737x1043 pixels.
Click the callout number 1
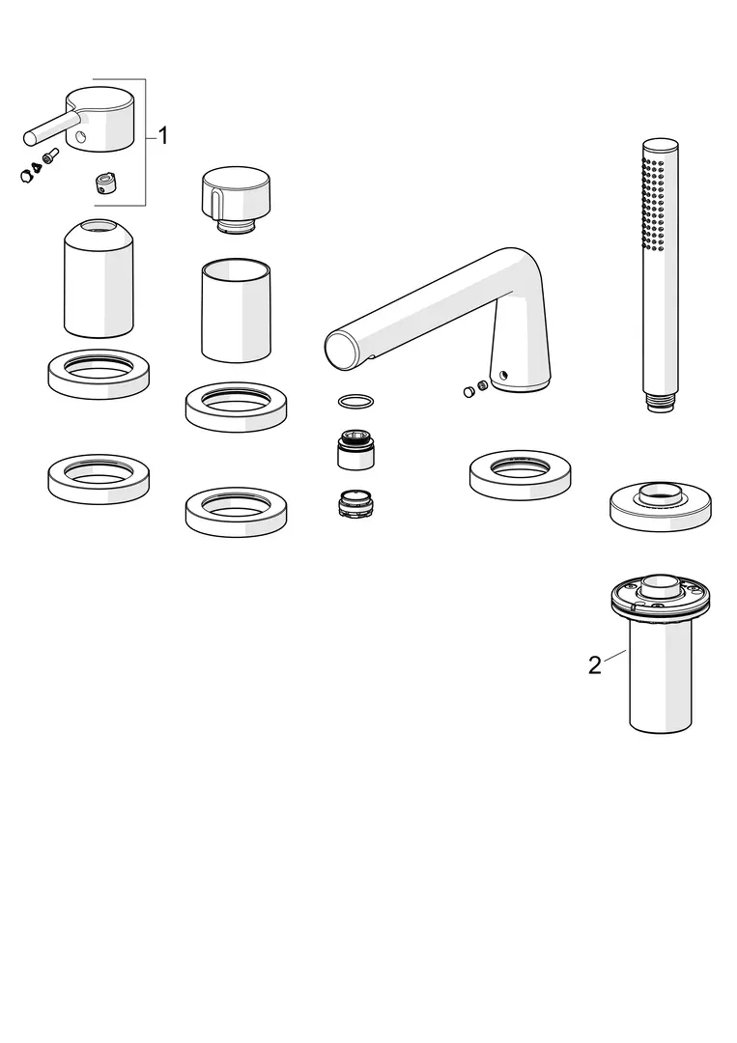[x=163, y=136]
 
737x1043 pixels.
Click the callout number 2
[x=595, y=664]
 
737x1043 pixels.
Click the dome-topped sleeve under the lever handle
[x=99, y=278]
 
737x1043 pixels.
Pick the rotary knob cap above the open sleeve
[x=235, y=197]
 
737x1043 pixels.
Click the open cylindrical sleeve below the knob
[x=236, y=311]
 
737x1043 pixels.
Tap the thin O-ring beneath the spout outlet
[x=355, y=401]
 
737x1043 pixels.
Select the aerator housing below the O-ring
[x=355, y=450]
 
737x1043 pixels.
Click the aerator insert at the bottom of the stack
[x=355, y=504]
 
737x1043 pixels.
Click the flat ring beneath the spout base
[x=521, y=474]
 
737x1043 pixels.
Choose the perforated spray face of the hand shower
[x=654, y=203]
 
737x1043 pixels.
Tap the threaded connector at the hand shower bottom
[x=661, y=403]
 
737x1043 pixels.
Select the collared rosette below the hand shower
[x=661, y=505]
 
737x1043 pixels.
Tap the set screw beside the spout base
[x=474, y=390]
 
